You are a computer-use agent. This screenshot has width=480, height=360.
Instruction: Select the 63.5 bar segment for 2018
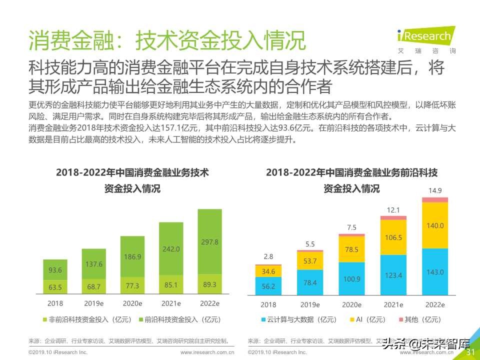point(55,287)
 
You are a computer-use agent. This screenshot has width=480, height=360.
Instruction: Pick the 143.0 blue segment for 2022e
point(434,272)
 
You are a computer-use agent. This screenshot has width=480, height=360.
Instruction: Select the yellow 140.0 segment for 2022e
point(434,225)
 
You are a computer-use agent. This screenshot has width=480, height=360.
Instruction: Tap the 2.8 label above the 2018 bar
point(268,256)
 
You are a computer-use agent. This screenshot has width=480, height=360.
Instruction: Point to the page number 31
point(470,352)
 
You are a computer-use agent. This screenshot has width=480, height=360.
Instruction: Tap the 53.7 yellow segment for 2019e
point(310,261)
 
